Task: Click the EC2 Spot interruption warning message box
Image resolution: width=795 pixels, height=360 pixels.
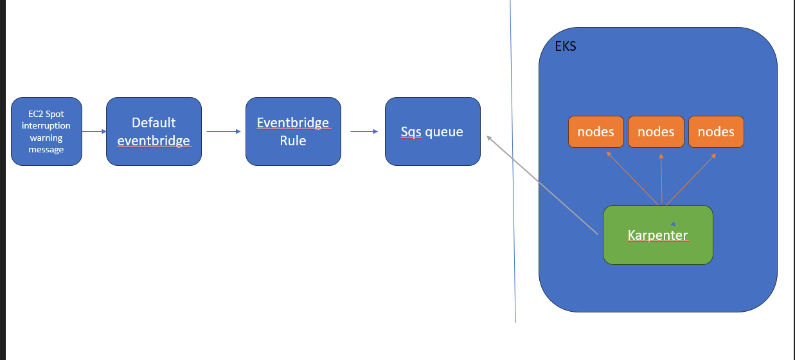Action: tap(46, 131)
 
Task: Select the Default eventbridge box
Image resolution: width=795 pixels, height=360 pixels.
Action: tap(154, 131)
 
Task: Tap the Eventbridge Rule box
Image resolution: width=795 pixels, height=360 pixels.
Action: tap(293, 131)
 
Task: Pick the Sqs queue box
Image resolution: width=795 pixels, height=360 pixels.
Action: tap(433, 131)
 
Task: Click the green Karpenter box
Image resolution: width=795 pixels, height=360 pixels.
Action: tap(657, 235)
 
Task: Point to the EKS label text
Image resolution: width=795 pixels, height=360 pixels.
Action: tap(566, 47)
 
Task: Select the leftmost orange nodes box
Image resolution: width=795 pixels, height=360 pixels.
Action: tap(596, 132)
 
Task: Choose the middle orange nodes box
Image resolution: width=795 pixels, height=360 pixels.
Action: tap(656, 132)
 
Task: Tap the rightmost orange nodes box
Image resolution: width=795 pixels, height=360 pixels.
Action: tap(716, 132)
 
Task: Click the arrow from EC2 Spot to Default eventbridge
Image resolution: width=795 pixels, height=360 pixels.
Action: tap(94, 132)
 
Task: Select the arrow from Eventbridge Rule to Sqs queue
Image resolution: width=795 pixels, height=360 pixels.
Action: tap(364, 132)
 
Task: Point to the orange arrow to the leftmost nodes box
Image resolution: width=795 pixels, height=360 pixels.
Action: tap(633, 179)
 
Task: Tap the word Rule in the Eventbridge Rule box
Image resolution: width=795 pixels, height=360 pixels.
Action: tap(293, 140)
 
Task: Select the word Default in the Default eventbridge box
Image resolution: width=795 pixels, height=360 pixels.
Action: tap(154, 123)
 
